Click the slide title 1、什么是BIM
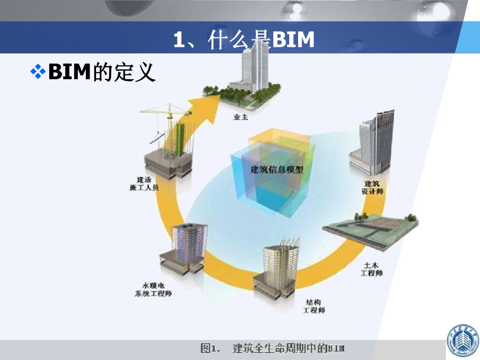click(243, 40)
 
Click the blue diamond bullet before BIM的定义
click(37, 72)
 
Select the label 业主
click(240, 117)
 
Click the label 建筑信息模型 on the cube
click(277, 169)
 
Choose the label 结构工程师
click(314, 306)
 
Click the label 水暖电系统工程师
click(150, 289)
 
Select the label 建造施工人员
click(143, 183)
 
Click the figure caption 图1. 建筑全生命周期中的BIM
click(272, 348)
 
